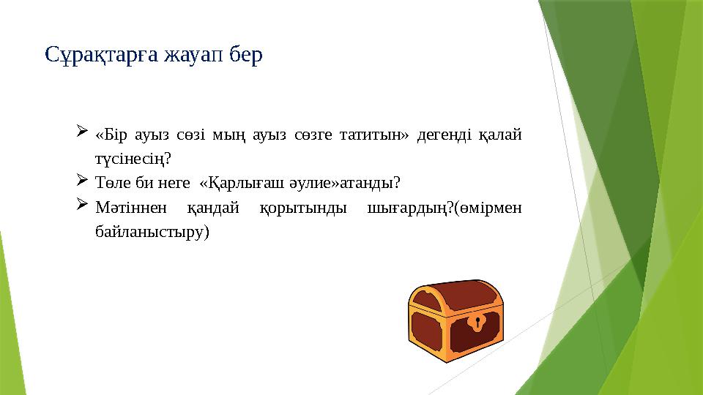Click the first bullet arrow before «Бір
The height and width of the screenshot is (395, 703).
click(x=81, y=132)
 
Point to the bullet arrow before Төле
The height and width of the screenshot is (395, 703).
click(x=81, y=179)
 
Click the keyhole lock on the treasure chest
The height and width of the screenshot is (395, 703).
click(x=478, y=322)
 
